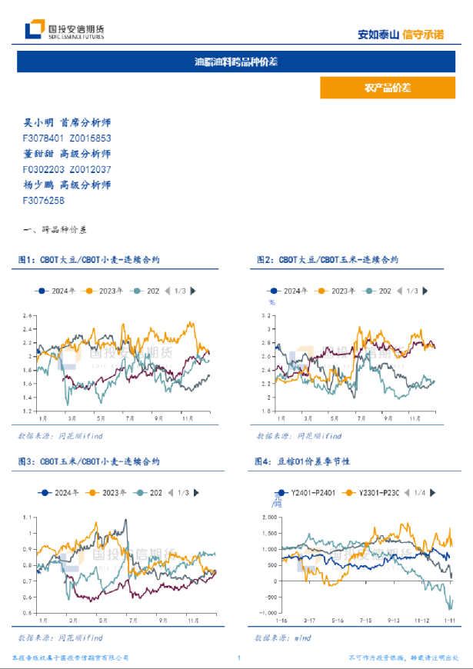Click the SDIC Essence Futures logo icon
coord(33,30)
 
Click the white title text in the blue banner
coord(236,62)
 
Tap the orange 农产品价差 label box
coord(381,88)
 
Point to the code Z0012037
coord(90,169)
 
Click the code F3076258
coord(43,200)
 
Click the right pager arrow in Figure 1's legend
coord(192,291)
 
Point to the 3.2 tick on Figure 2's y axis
coord(268,315)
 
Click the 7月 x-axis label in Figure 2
coord(358,418)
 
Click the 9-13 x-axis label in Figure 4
coord(395,620)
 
